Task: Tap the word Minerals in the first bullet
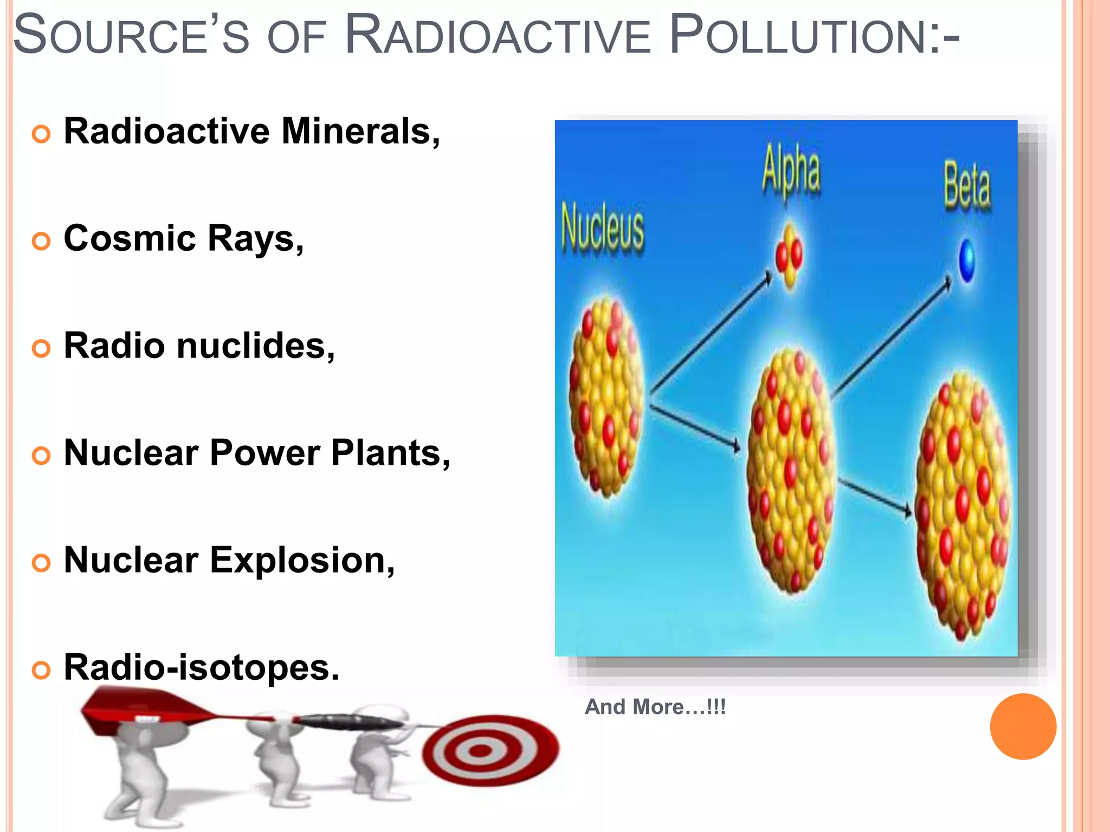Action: (360, 132)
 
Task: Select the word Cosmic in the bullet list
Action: (130, 238)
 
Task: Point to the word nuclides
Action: (255, 346)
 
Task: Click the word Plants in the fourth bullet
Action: (390, 453)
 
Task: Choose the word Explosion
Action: (302, 560)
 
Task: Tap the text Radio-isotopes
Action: (201, 667)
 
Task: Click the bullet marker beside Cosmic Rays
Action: (41, 241)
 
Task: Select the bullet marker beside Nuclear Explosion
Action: (41, 563)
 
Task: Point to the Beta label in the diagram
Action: (967, 185)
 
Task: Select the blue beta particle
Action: (966, 261)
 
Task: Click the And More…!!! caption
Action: (655, 707)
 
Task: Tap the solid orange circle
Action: (1023, 726)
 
